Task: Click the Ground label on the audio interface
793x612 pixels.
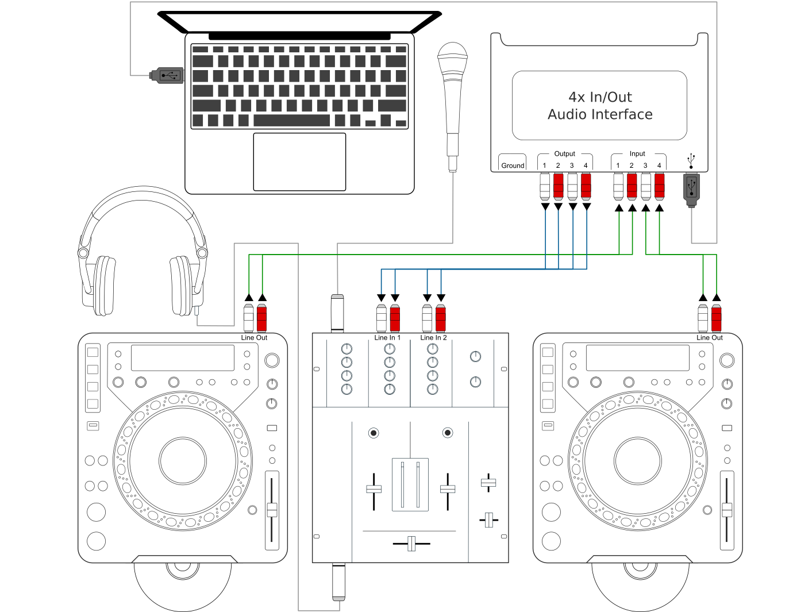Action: point(513,165)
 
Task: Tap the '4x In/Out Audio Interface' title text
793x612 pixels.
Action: point(600,106)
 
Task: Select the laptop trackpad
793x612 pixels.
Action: point(299,161)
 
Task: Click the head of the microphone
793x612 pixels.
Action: point(452,58)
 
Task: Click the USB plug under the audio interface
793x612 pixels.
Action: point(691,189)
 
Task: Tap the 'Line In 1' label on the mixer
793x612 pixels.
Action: point(387,338)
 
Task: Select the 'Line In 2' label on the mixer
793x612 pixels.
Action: point(433,338)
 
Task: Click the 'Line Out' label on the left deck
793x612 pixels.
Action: point(254,338)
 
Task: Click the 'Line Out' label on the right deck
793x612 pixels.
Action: point(710,338)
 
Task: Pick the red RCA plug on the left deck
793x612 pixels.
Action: point(262,317)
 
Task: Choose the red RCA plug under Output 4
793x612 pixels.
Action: point(586,186)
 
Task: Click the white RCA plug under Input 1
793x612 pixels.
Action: point(618,186)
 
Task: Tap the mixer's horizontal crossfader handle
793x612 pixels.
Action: point(411,543)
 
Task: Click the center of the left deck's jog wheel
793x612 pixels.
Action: point(183,461)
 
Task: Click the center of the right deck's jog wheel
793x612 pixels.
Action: point(638,461)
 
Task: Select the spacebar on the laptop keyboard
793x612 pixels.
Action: point(291,121)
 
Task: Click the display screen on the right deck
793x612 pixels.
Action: point(637,357)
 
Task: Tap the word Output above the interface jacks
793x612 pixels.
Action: point(564,154)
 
